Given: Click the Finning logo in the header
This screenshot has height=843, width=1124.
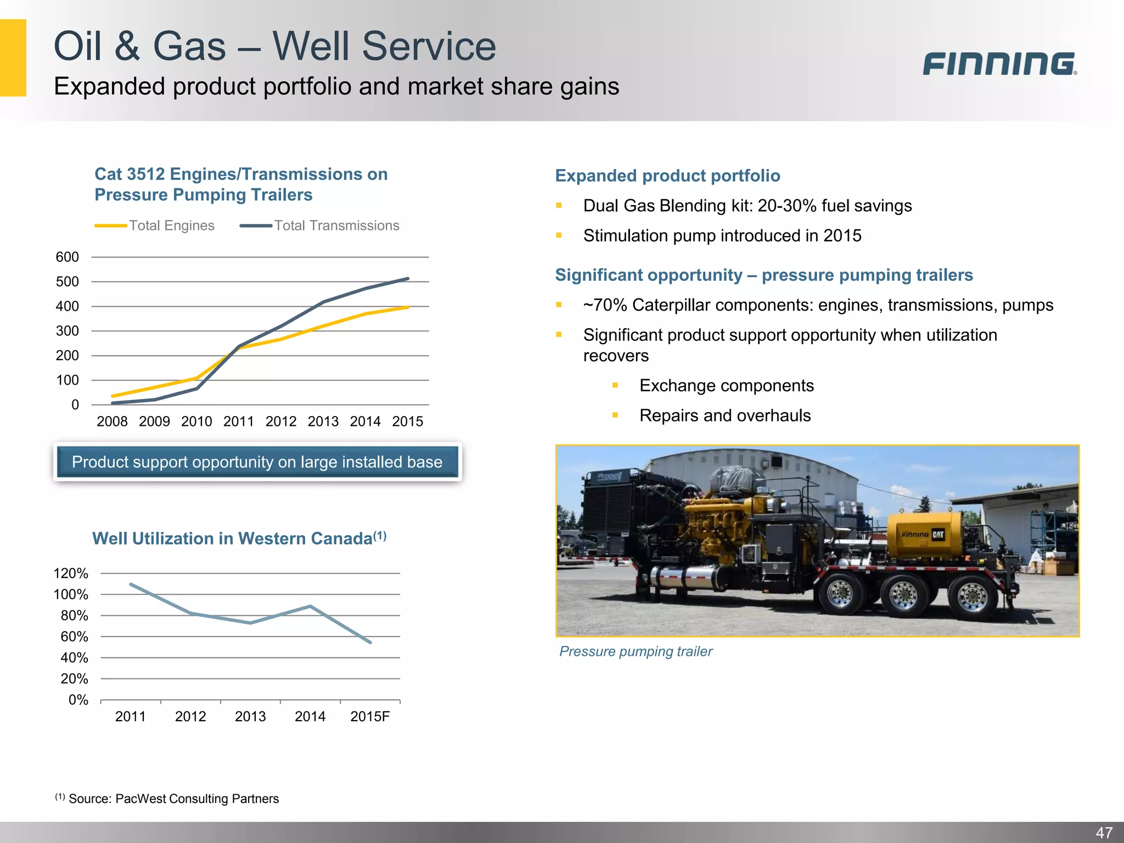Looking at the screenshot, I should tap(999, 64).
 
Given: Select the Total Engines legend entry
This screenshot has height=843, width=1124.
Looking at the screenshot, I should tap(155, 226).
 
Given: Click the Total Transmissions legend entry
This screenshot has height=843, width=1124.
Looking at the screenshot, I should tap(319, 226).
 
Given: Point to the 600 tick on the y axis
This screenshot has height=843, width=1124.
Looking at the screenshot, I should tap(68, 257).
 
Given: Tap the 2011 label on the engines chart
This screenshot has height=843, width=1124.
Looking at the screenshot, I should tap(239, 421).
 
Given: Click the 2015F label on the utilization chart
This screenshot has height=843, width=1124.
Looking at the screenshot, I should tap(370, 716).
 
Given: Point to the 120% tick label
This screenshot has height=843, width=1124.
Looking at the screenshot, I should tap(71, 574).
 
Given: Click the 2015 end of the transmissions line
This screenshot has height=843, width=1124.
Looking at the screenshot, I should tap(408, 279).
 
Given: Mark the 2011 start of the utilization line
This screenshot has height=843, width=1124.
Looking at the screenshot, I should tap(131, 584).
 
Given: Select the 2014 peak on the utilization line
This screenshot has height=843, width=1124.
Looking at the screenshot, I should tap(311, 606).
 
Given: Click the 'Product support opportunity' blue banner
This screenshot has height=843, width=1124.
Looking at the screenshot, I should tap(257, 462).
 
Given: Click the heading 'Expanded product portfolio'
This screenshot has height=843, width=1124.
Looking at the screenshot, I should tap(667, 176).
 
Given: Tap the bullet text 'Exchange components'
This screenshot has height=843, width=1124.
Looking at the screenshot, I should tap(726, 385).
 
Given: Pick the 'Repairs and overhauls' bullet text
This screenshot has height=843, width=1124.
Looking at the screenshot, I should tap(724, 415).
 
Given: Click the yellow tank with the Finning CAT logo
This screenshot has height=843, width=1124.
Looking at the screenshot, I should tap(924, 535).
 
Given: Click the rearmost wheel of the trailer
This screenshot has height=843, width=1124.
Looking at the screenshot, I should tap(973, 597).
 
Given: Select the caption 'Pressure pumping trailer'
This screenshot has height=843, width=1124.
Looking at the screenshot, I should tap(636, 651).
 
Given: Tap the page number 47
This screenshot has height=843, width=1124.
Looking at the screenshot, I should tap(1104, 833).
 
